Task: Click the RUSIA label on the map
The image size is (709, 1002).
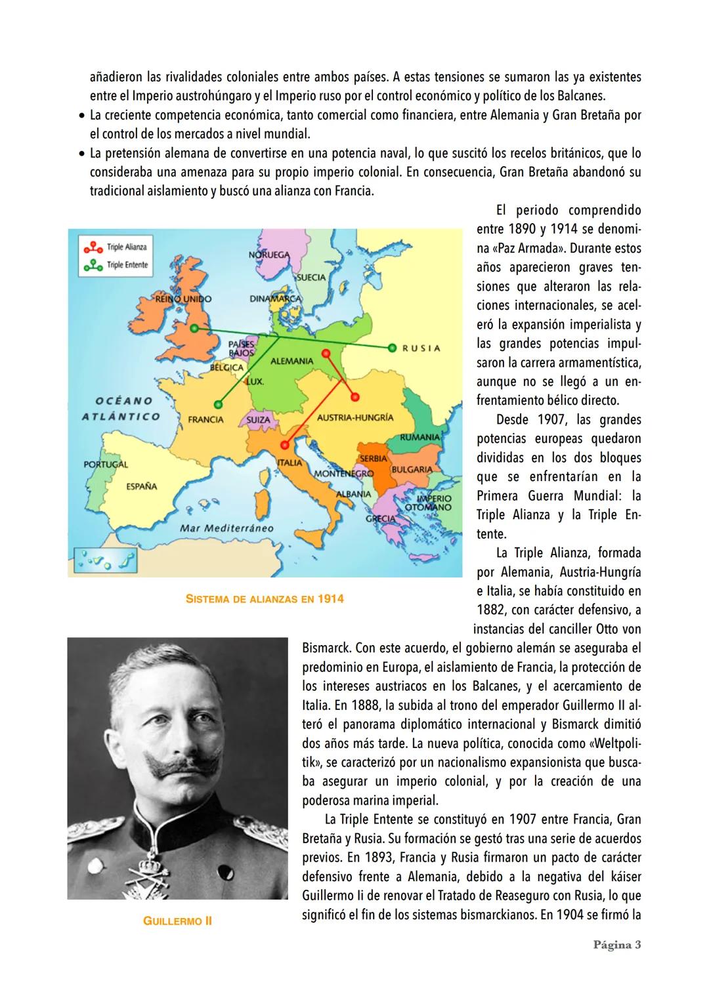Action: [x=421, y=348]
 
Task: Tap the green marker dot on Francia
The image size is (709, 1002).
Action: [x=218, y=404]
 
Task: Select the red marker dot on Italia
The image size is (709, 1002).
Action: [x=285, y=444]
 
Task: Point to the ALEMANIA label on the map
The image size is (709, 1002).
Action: [x=291, y=361]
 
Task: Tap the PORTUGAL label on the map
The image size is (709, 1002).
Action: [x=105, y=465]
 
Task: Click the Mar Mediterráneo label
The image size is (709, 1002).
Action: [x=226, y=527]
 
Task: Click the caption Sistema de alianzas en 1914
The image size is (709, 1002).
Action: [x=265, y=598]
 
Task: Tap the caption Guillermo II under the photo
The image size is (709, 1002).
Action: [x=177, y=921]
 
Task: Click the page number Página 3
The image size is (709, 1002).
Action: [x=616, y=945]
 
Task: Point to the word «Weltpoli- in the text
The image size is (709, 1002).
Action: [x=609, y=743]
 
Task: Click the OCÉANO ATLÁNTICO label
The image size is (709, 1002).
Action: [x=121, y=408]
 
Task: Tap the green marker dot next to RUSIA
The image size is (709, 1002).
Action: [x=392, y=347]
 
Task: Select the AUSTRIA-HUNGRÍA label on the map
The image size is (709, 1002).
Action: [x=355, y=417]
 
